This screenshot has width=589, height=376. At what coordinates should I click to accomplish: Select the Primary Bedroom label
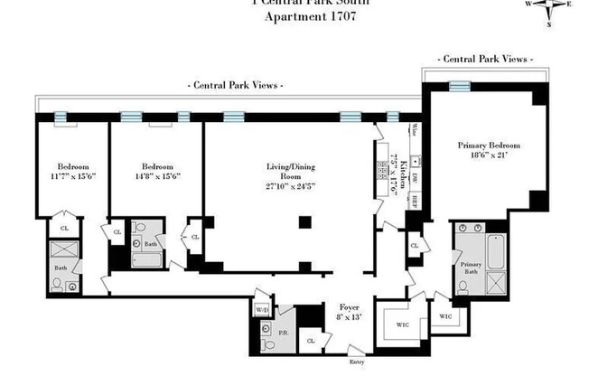coord(489,146)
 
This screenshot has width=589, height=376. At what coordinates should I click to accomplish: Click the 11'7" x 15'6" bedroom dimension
coord(72,177)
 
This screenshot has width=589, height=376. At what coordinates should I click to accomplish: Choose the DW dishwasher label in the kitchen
coord(415,176)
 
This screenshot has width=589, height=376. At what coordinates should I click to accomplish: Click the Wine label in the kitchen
coord(414,130)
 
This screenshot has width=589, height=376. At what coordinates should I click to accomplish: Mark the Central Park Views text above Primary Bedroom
coord(482,59)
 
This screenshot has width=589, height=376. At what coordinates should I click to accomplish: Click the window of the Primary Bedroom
coord(460,86)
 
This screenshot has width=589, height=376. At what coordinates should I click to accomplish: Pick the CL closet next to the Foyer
coord(310,341)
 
